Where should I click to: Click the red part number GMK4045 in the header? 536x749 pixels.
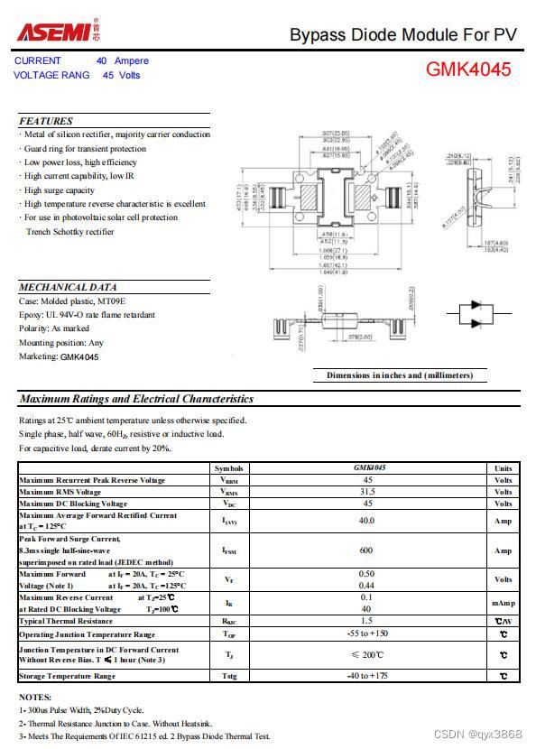point(468,69)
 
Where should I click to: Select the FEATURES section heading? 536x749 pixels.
point(46,121)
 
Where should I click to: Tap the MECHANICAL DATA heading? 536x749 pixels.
point(68,287)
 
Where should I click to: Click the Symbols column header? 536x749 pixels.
point(229,468)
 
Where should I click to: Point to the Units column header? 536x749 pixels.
point(503,468)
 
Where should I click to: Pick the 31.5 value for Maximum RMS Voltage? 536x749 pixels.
point(366,492)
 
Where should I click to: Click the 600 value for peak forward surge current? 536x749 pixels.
point(366,550)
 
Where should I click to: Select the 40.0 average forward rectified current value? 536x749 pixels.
point(366,521)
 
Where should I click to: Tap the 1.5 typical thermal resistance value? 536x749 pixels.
point(366,621)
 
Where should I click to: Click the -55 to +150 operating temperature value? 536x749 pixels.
point(366,634)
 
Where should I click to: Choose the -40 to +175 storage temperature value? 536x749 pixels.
point(366,676)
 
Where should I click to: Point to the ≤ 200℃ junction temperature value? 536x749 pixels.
point(366,655)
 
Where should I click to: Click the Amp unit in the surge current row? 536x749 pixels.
point(503,550)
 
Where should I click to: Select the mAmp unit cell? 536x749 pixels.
point(503,603)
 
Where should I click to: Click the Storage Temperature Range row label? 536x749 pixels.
point(68,676)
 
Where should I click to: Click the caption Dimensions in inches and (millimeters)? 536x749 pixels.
point(399,375)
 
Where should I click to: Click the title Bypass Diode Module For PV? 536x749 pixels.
point(403,35)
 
